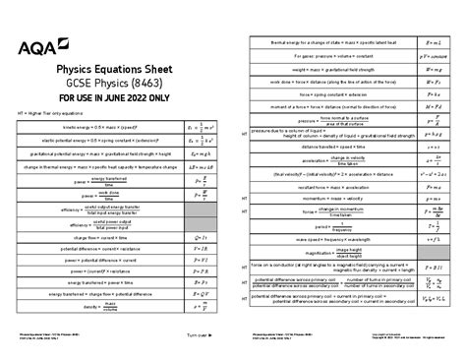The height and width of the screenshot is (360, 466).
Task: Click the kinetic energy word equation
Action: pos(104,127)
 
